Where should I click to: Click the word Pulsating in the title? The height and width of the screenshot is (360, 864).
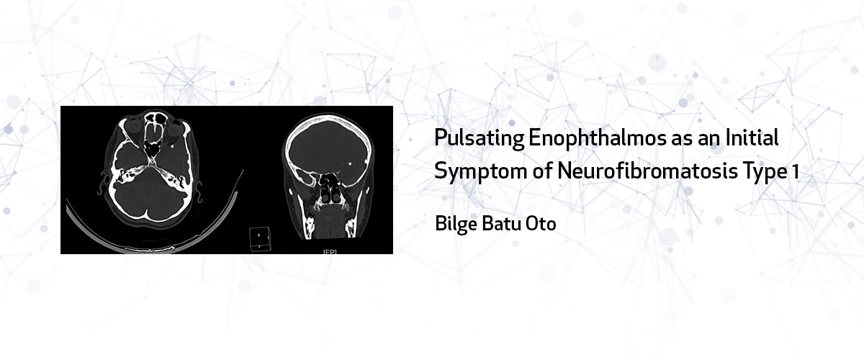pyautogui.click(x=479, y=138)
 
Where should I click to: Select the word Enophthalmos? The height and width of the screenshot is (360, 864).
pyautogui.click(x=598, y=138)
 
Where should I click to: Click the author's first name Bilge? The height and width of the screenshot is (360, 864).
pyautogui.click(x=456, y=224)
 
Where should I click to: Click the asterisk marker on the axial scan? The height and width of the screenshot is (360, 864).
pyautogui.click(x=172, y=147)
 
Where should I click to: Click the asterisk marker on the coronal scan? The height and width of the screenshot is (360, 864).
pyautogui.click(x=350, y=164)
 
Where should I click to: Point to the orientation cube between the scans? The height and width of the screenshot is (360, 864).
pyautogui.click(x=261, y=239)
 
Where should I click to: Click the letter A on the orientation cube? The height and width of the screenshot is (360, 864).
pyautogui.click(x=258, y=235)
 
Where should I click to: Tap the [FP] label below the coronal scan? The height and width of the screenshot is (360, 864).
pyautogui.click(x=330, y=252)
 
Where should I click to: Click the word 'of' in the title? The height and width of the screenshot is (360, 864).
pyautogui.click(x=542, y=171)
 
